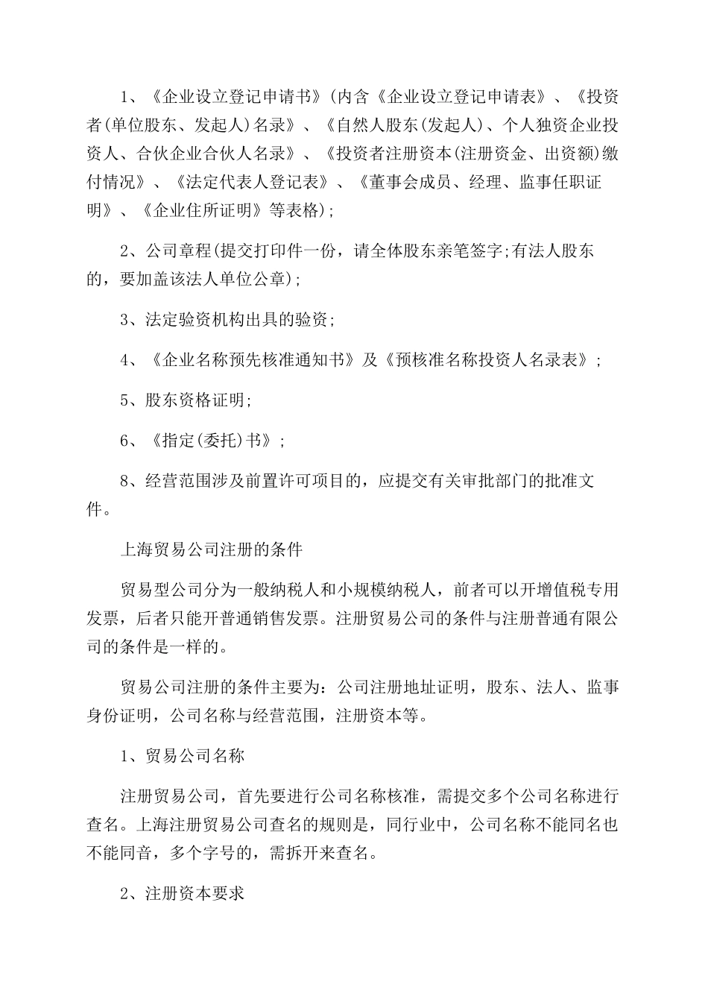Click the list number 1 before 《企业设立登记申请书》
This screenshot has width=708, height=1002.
pos(125,98)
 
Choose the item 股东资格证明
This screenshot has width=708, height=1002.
pos(195,400)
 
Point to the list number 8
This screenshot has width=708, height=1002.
pos(125,481)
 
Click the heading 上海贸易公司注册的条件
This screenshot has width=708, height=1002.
pos(212,549)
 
